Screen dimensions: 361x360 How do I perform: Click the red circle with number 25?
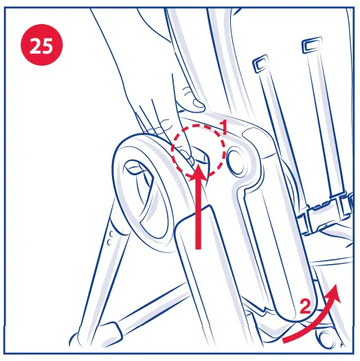pos(42,45)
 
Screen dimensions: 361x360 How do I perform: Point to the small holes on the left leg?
pos(109,237)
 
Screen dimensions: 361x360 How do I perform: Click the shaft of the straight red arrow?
pos(199,217)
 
